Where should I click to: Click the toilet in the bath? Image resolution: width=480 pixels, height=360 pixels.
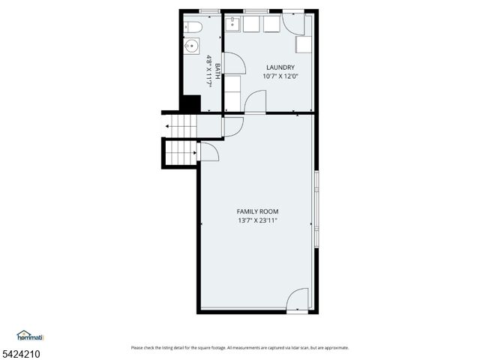click(193, 28)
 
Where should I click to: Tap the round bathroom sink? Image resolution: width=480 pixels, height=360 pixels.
click(192, 46)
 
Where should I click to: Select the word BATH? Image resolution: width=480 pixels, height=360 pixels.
click(217, 71)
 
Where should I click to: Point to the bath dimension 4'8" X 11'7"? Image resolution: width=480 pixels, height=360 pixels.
click(209, 71)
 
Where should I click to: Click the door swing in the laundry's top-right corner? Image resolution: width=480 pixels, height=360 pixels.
click(293, 25)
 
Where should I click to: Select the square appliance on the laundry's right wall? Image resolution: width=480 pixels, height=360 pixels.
click(303, 44)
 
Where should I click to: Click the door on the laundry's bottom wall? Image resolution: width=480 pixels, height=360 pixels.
click(255, 102)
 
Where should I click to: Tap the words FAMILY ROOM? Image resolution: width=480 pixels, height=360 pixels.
click(257, 211)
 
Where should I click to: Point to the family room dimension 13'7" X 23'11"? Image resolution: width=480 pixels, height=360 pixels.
click(257, 221)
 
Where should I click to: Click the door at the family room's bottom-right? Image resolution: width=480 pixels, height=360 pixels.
click(297, 299)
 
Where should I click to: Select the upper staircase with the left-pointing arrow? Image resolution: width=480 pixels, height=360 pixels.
click(181, 126)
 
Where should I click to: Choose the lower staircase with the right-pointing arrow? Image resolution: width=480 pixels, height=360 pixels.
click(181, 154)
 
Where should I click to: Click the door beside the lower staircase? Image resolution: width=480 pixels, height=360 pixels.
click(208, 152)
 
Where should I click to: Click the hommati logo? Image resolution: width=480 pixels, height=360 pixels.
click(30, 336)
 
